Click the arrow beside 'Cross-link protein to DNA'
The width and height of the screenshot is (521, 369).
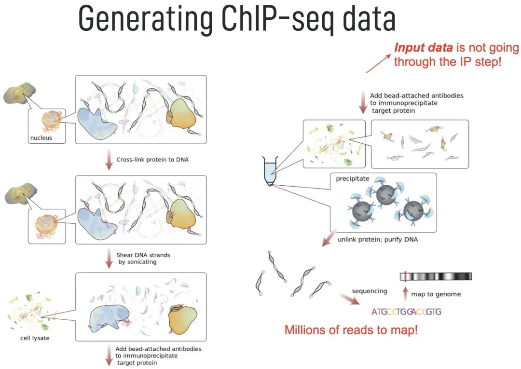coord(109,160)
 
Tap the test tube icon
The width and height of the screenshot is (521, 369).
coord(269,171)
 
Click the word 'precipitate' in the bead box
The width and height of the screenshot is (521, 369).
coord(353,178)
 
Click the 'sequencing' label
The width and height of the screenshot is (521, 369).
coord(370,291)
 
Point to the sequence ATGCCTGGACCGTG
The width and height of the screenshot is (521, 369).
coord(406,312)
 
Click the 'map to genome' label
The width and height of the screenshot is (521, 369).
coord(436,294)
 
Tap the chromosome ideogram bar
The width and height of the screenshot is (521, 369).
coord(436,276)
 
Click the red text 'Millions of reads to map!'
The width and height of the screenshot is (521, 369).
coord(351,330)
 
